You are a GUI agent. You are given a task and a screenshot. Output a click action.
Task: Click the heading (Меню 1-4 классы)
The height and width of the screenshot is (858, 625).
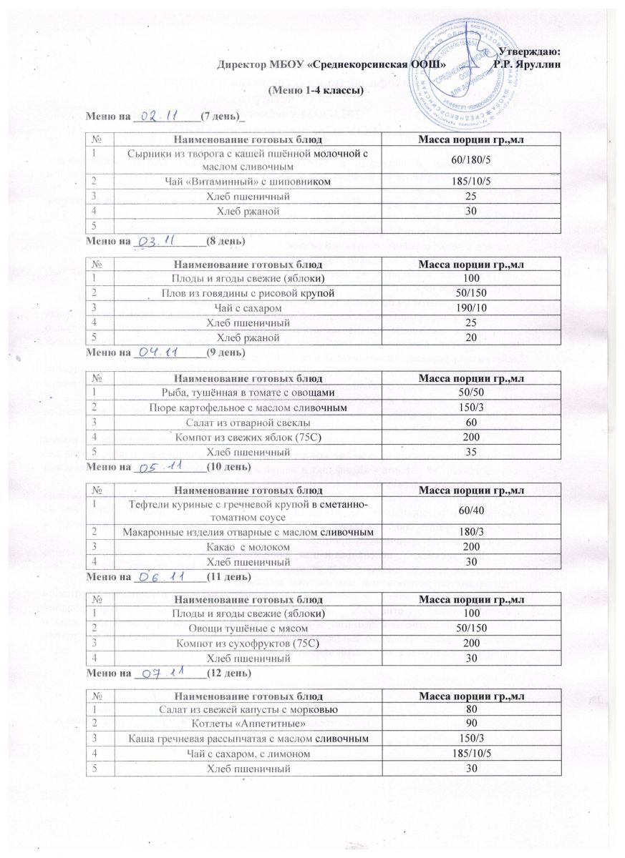315,91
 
